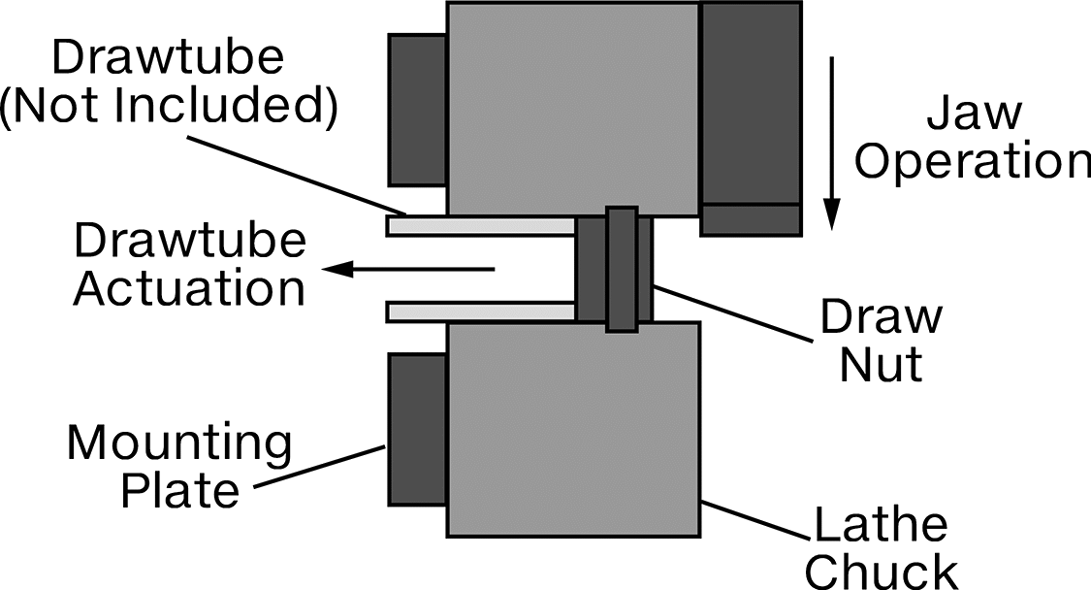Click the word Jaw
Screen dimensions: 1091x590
(974, 115)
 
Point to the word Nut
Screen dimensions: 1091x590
(881, 362)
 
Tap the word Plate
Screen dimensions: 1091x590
(180, 490)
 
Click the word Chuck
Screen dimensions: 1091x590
(882, 572)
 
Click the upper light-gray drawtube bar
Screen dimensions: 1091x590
(481, 226)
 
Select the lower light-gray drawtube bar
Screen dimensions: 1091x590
(481, 312)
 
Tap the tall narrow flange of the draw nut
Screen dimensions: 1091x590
(622, 269)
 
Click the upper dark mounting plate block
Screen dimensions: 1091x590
(417, 110)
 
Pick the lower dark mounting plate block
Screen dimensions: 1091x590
(417, 429)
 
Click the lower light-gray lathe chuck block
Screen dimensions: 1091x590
(572, 429)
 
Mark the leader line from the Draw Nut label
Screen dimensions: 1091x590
(732, 313)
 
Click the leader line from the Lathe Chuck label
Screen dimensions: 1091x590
(754, 519)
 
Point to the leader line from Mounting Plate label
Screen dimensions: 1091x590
(319, 467)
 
